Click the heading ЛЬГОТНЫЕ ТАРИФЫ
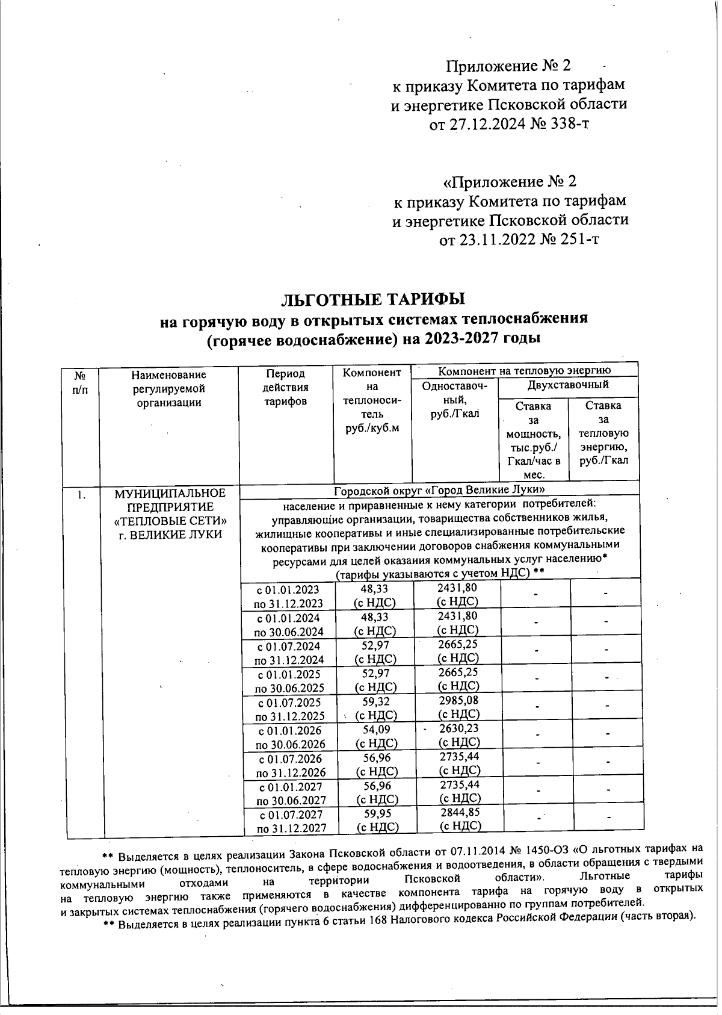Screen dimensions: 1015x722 [374, 299]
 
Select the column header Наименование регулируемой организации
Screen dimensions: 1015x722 [168, 389]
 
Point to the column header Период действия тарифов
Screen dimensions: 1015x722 [286, 388]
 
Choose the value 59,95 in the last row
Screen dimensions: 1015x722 [377, 813]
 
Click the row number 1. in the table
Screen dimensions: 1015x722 [80, 495]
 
